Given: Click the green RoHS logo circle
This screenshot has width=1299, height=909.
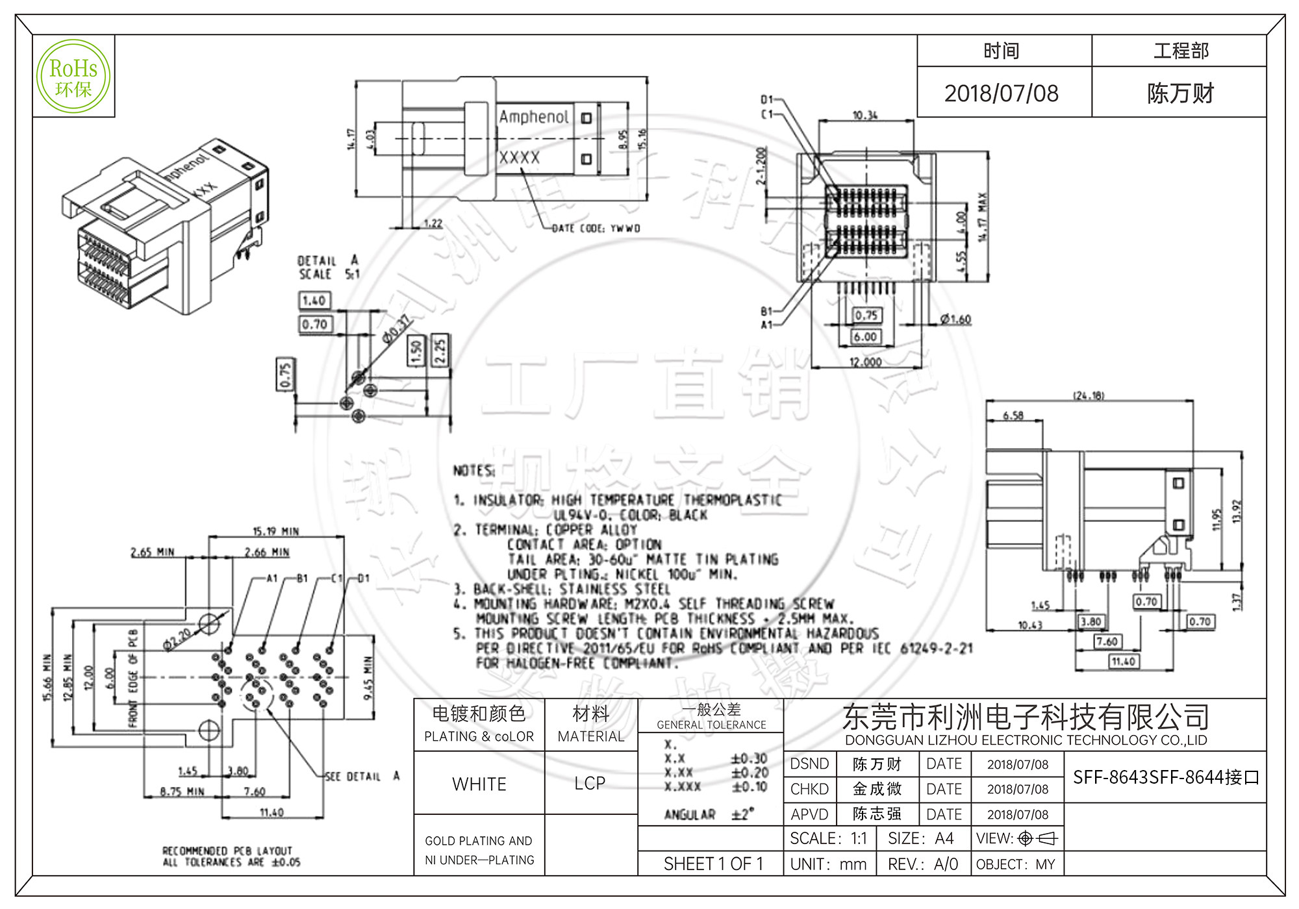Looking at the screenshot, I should pyautogui.click(x=73, y=76).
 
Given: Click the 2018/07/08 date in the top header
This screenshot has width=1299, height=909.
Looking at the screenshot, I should pyautogui.click(x=1001, y=93).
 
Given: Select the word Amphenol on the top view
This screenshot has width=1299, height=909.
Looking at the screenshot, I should pyautogui.click(x=533, y=117).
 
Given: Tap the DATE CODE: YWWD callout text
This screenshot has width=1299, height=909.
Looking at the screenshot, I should pyautogui.click(x=596, y=229).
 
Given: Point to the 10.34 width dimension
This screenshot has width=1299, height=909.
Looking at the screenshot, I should pyautogui.click(x=864, y=115).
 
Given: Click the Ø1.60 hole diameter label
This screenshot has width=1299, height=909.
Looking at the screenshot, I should pyautogui.click(x=955, y=319).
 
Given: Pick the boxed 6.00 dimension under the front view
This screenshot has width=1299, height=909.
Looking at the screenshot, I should pyautogui.click(x=865, y=337).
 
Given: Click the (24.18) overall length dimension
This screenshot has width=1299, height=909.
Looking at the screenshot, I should pyautogui.click(x=1089, y=395).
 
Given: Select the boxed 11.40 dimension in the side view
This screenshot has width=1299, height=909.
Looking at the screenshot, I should pyautogui.click(x=1123, y=662).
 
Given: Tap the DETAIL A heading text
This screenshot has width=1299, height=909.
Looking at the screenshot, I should pyautogui.click(x=328, y=260).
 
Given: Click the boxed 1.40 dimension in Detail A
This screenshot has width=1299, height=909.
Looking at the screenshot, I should pyautogui.click(x=314, y=301).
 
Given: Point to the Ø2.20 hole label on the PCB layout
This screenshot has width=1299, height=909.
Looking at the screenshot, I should pyautogui.click(x=177, y=638).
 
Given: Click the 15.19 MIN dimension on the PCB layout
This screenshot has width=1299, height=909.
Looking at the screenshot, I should pyautogui.click(x=275, y=531).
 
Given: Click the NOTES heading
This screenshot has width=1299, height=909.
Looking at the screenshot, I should pyautogui.click(x=473, y=471).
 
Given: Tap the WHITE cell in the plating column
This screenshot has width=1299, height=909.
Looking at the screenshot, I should pyautogui.click(x=479, y=784).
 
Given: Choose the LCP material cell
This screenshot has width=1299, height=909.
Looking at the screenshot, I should pyautogui.click(x=590, y=784).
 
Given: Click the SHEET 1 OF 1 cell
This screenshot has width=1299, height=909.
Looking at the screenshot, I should pyautogui.click(x=713, y=864).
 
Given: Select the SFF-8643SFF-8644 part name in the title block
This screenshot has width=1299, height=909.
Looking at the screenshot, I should pyautogui.click(x=1165, y=777).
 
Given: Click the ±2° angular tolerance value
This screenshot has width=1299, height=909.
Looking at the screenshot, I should pyautogui.click(x=742, y=814).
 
